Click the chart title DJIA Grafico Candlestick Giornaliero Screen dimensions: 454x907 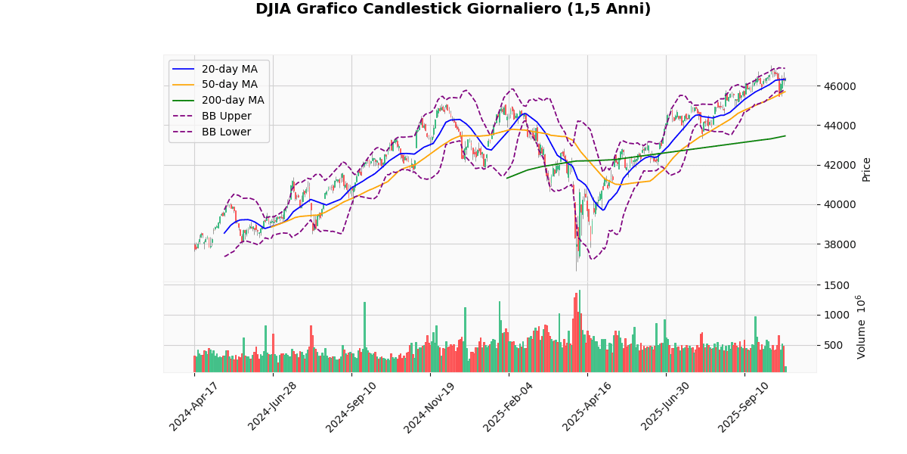453,9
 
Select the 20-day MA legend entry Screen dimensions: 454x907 229,69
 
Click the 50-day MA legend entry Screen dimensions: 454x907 229,85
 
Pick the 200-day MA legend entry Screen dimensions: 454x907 232,101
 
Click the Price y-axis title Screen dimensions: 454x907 867,169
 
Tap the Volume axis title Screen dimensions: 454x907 862,327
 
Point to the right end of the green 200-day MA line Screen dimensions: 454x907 785,136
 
